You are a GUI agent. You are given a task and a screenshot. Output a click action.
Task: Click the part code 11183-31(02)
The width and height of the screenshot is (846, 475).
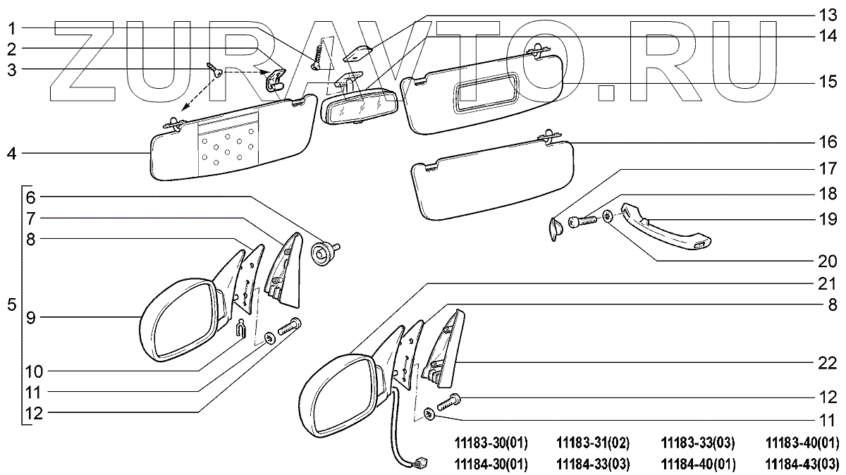[x=592, y=443]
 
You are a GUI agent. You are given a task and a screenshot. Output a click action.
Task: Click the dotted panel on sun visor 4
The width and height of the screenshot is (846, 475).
[x=226, y=147]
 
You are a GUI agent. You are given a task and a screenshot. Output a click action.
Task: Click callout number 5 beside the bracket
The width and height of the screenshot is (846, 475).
[x=11, y=305]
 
